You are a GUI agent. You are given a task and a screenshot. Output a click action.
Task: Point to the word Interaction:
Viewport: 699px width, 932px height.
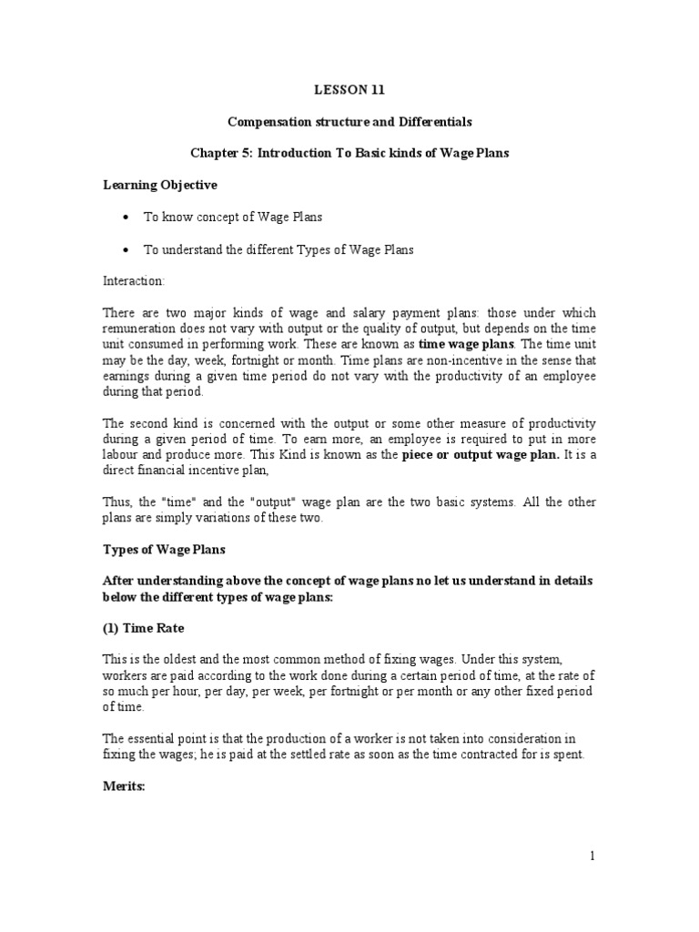click(134, 281)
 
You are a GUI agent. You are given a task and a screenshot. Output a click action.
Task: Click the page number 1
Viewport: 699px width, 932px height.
click(592, 856)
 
